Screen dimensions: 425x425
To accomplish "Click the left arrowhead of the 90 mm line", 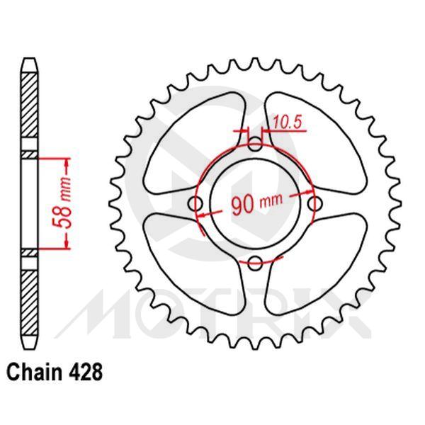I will coord(201,212).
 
